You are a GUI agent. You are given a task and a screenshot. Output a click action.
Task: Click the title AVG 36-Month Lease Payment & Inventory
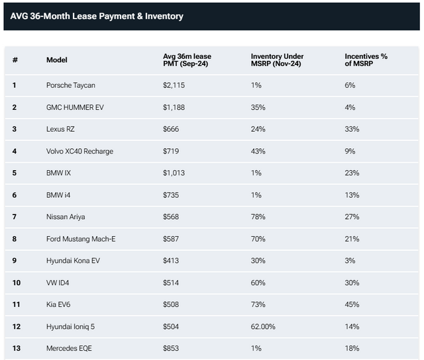[97, 16]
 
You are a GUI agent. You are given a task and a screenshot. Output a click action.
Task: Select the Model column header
[57, 60]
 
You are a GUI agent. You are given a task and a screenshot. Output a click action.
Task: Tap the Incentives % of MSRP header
[366, 60]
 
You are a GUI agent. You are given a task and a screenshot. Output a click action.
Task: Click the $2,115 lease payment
[174, 85]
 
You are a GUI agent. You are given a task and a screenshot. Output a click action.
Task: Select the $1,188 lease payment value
[174, 107]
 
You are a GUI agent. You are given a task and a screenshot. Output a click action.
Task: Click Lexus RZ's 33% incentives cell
[352, 129]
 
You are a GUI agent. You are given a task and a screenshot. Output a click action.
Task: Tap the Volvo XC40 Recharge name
[79, 151]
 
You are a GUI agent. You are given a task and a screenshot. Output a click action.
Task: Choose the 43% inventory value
[258, 151]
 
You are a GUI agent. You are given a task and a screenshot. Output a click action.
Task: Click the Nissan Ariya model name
[66, 216]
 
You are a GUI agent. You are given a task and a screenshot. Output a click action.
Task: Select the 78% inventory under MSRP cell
[258, 216]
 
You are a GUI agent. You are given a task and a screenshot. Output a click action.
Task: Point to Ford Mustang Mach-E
[81, 238]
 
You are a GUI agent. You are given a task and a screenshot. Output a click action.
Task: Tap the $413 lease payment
[172, 260]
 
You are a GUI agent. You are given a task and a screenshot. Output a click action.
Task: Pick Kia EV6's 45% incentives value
[352, 304]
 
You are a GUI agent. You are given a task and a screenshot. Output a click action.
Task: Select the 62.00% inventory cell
[263, 326]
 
